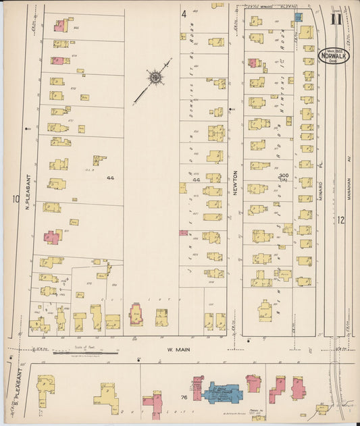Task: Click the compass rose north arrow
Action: [155, 79]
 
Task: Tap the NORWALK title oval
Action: [334, 55]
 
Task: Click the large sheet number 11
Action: [336, 18]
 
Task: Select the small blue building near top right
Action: [298, 16]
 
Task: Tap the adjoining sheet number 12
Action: [341, 219]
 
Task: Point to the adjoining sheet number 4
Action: [183, 14]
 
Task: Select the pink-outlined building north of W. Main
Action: [136, 315]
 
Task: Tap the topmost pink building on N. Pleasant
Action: [60, 26]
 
